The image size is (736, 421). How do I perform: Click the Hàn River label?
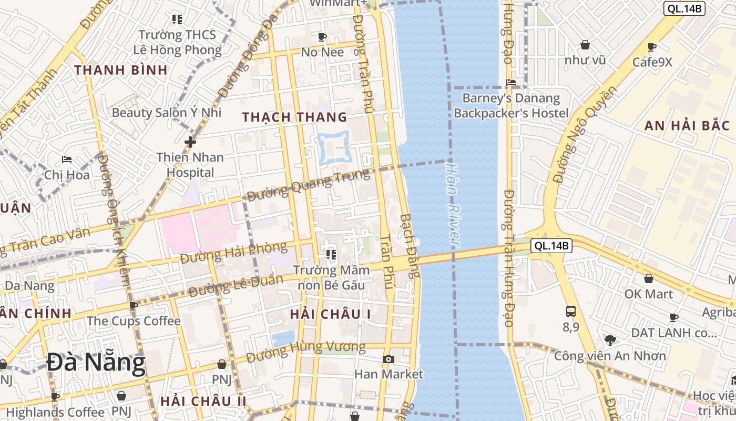452,205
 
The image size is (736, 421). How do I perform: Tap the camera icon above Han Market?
389,359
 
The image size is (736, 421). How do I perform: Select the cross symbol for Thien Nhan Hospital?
190,142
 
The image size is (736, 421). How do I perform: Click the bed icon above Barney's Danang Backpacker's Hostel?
510,82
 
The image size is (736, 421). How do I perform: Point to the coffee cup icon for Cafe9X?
652,47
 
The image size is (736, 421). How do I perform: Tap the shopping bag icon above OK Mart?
649,278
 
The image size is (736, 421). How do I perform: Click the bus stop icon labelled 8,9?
571,311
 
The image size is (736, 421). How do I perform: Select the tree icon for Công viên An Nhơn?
610,340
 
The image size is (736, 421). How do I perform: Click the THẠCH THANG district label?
295,117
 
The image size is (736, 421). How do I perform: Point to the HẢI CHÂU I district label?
331,314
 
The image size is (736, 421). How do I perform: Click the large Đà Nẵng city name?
96,363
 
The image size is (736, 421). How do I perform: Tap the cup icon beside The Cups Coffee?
134,305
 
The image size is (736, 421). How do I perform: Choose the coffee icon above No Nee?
322,37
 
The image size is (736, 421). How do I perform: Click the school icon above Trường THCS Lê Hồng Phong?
177,19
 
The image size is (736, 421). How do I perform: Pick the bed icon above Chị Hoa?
66,159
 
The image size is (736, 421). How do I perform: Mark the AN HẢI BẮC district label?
687,125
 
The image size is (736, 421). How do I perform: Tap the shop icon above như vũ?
585,45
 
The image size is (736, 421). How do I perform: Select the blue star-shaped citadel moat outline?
333,148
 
